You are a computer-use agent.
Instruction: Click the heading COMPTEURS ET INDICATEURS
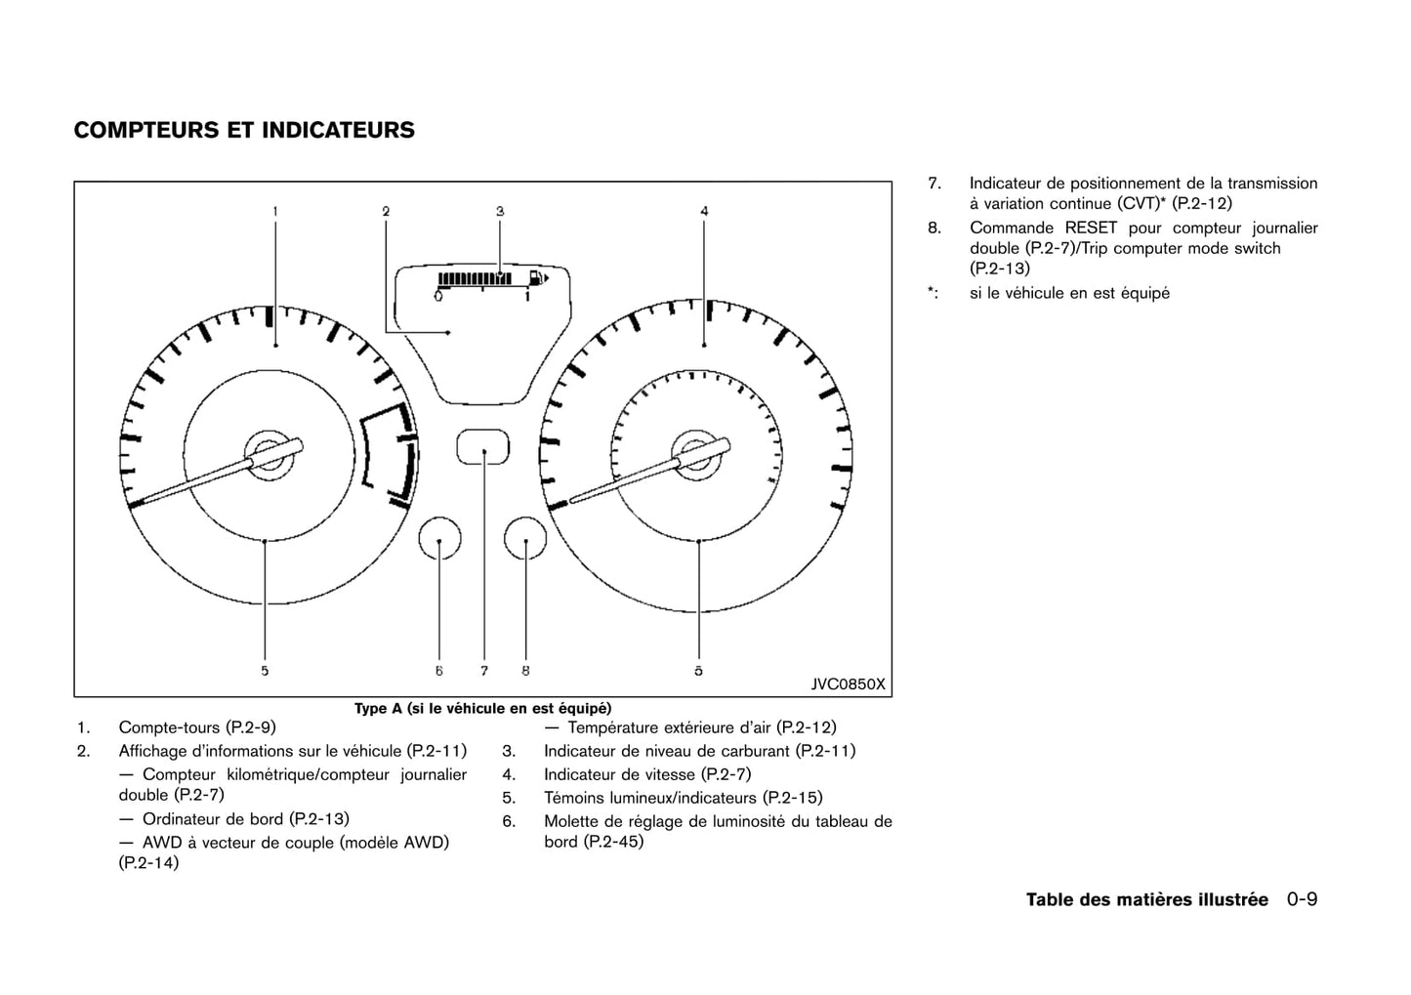tap(244, 131)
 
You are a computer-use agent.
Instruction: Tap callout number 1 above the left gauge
tap(275, 211)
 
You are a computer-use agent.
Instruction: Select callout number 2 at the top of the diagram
tap(386, 211)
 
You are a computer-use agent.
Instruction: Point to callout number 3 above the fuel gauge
tap(499, 211)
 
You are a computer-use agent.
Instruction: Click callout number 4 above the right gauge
tap(704, 211)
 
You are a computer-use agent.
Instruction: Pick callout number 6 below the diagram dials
tap(439, 671)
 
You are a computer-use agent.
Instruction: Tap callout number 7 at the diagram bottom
tap(484, 671)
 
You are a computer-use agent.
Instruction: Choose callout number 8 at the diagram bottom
tap(525, 671)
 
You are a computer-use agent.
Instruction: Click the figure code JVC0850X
tap(848, 684)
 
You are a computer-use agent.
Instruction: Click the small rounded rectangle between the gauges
tap(483, 448)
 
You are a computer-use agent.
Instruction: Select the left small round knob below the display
tap(439, 539)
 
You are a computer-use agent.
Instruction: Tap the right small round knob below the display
tap(525, 539)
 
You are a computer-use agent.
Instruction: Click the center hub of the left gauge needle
tap(265, 455)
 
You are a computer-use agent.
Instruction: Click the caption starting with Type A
tap(482, 709)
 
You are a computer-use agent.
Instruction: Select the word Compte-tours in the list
tap(169, 727)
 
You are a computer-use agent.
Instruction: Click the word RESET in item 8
tap(1091, 228)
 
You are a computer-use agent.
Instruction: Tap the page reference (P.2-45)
tap(613, 842)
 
